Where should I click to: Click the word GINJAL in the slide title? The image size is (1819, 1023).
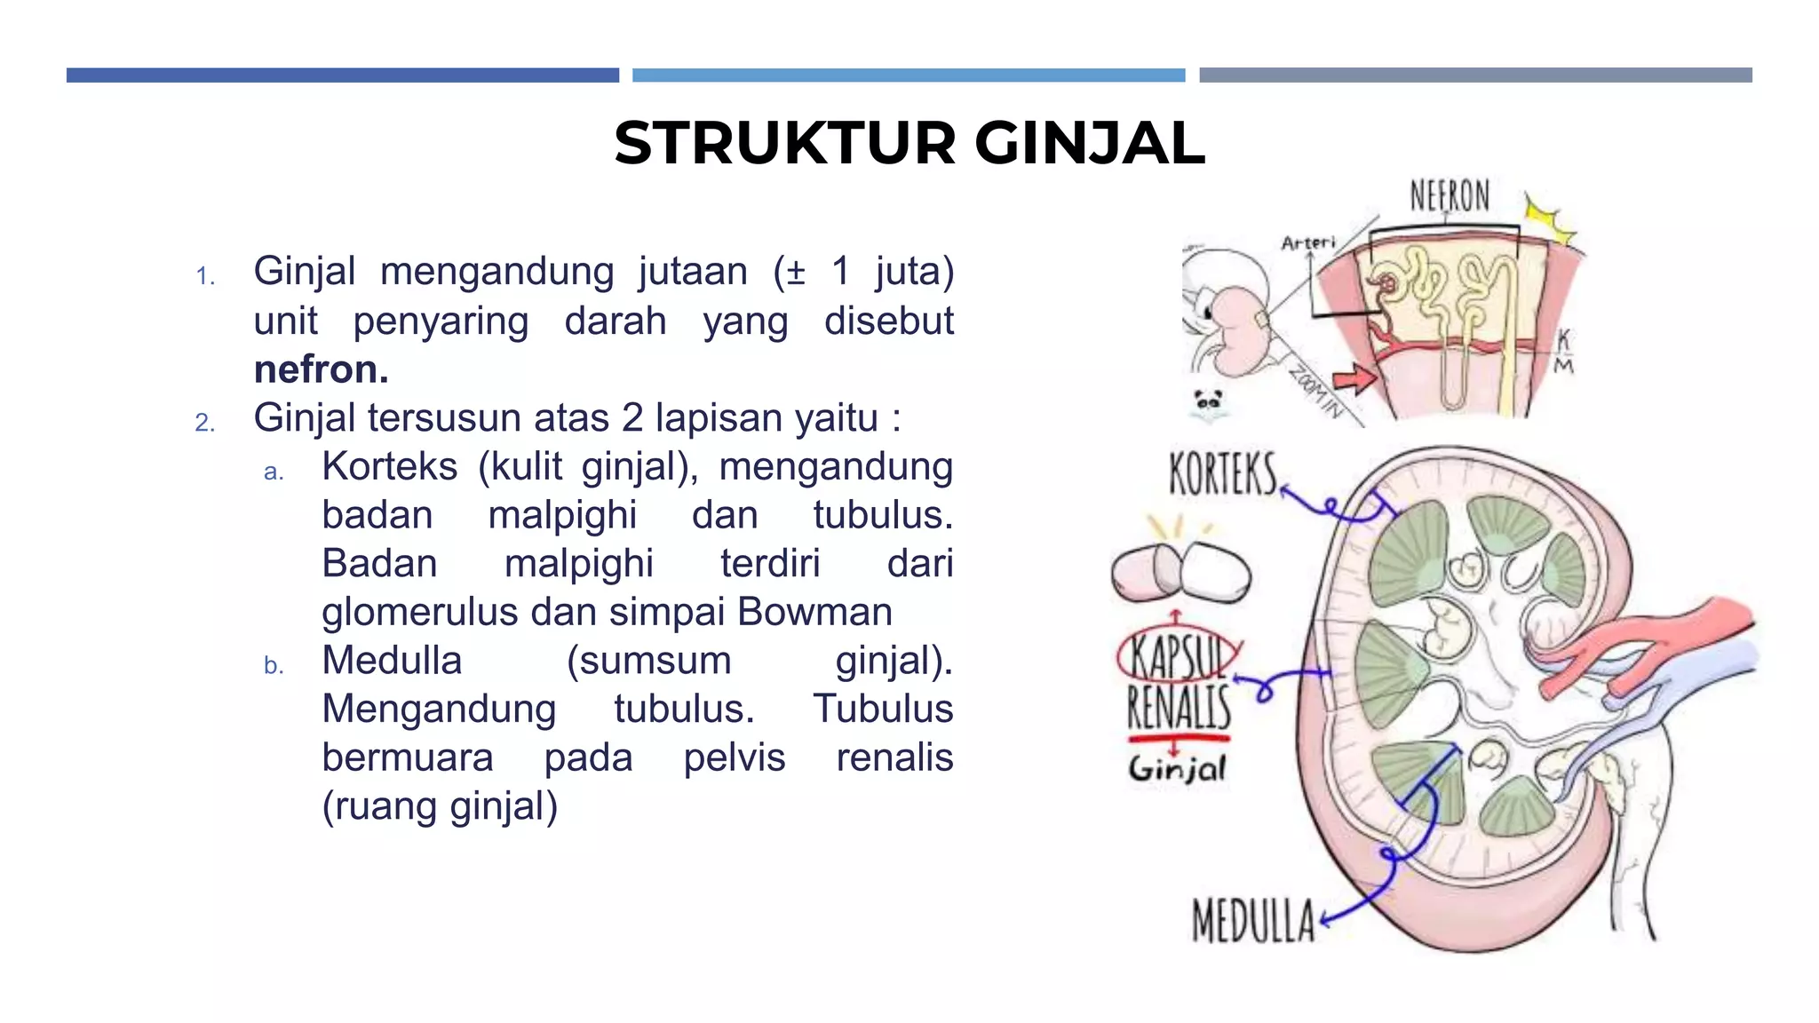tap(1090, 143)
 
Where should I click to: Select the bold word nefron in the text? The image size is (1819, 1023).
tap(321, 369)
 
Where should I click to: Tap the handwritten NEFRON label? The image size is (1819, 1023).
tap(1450, 196)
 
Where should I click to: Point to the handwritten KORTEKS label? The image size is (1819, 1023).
tap(1223, 474)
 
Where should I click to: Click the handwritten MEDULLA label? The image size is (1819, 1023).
tap(1253, 920)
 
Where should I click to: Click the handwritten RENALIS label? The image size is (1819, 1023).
tap(1180, 708)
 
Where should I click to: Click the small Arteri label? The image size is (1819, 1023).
tap(1308, 242)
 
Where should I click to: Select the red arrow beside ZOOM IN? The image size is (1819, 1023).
tap(1355, 379)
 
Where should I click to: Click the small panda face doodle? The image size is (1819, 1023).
tap(1208, 402)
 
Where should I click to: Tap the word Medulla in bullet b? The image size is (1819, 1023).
tap(392, 661)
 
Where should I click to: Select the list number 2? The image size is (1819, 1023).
tap(205, 422)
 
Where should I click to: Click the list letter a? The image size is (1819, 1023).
tap(274, 472)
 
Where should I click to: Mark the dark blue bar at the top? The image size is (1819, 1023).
tap(343, 75)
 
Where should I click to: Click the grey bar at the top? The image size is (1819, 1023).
tap(1475, 75)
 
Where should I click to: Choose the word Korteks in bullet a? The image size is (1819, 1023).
tap(389, 467)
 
